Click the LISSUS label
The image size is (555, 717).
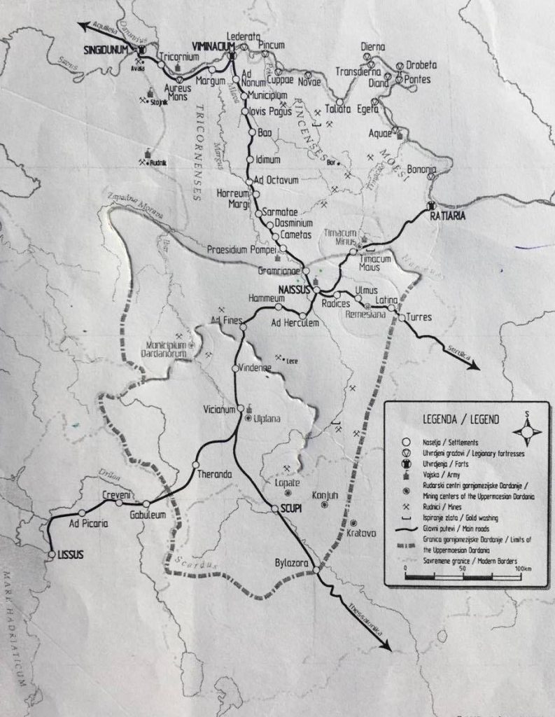pyautogui.click(x=71, y=555)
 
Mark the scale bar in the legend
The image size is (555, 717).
pyautogui.click(x=468, y=576)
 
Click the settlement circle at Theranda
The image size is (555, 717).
pyautogui.click(x=196, y=465)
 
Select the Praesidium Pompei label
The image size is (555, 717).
pyautogui.click(x=241, y=249)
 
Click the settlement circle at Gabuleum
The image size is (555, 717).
pyautogui.click(x=146, y=503)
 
